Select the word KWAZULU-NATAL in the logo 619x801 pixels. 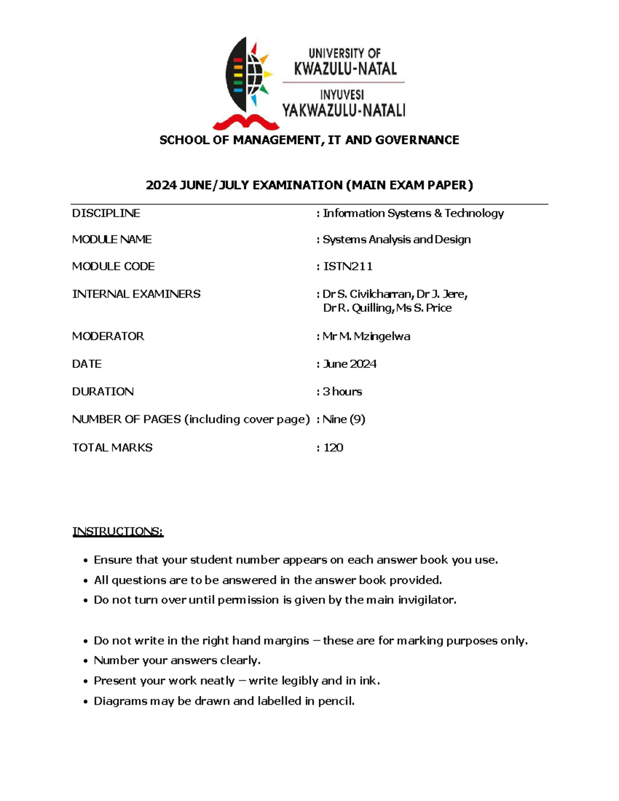345,69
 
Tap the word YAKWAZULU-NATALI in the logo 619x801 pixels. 344,110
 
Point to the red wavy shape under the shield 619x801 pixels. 246,122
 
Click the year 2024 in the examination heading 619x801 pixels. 161,185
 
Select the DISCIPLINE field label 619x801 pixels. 106,214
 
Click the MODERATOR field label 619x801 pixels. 108,336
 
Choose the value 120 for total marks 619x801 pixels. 333,448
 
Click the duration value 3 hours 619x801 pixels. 343,391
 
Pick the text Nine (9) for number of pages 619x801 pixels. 344,419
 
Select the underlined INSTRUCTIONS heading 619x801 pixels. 118,532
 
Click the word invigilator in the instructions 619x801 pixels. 427,600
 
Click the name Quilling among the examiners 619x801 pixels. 372,308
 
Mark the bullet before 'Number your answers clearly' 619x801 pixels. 86,661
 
